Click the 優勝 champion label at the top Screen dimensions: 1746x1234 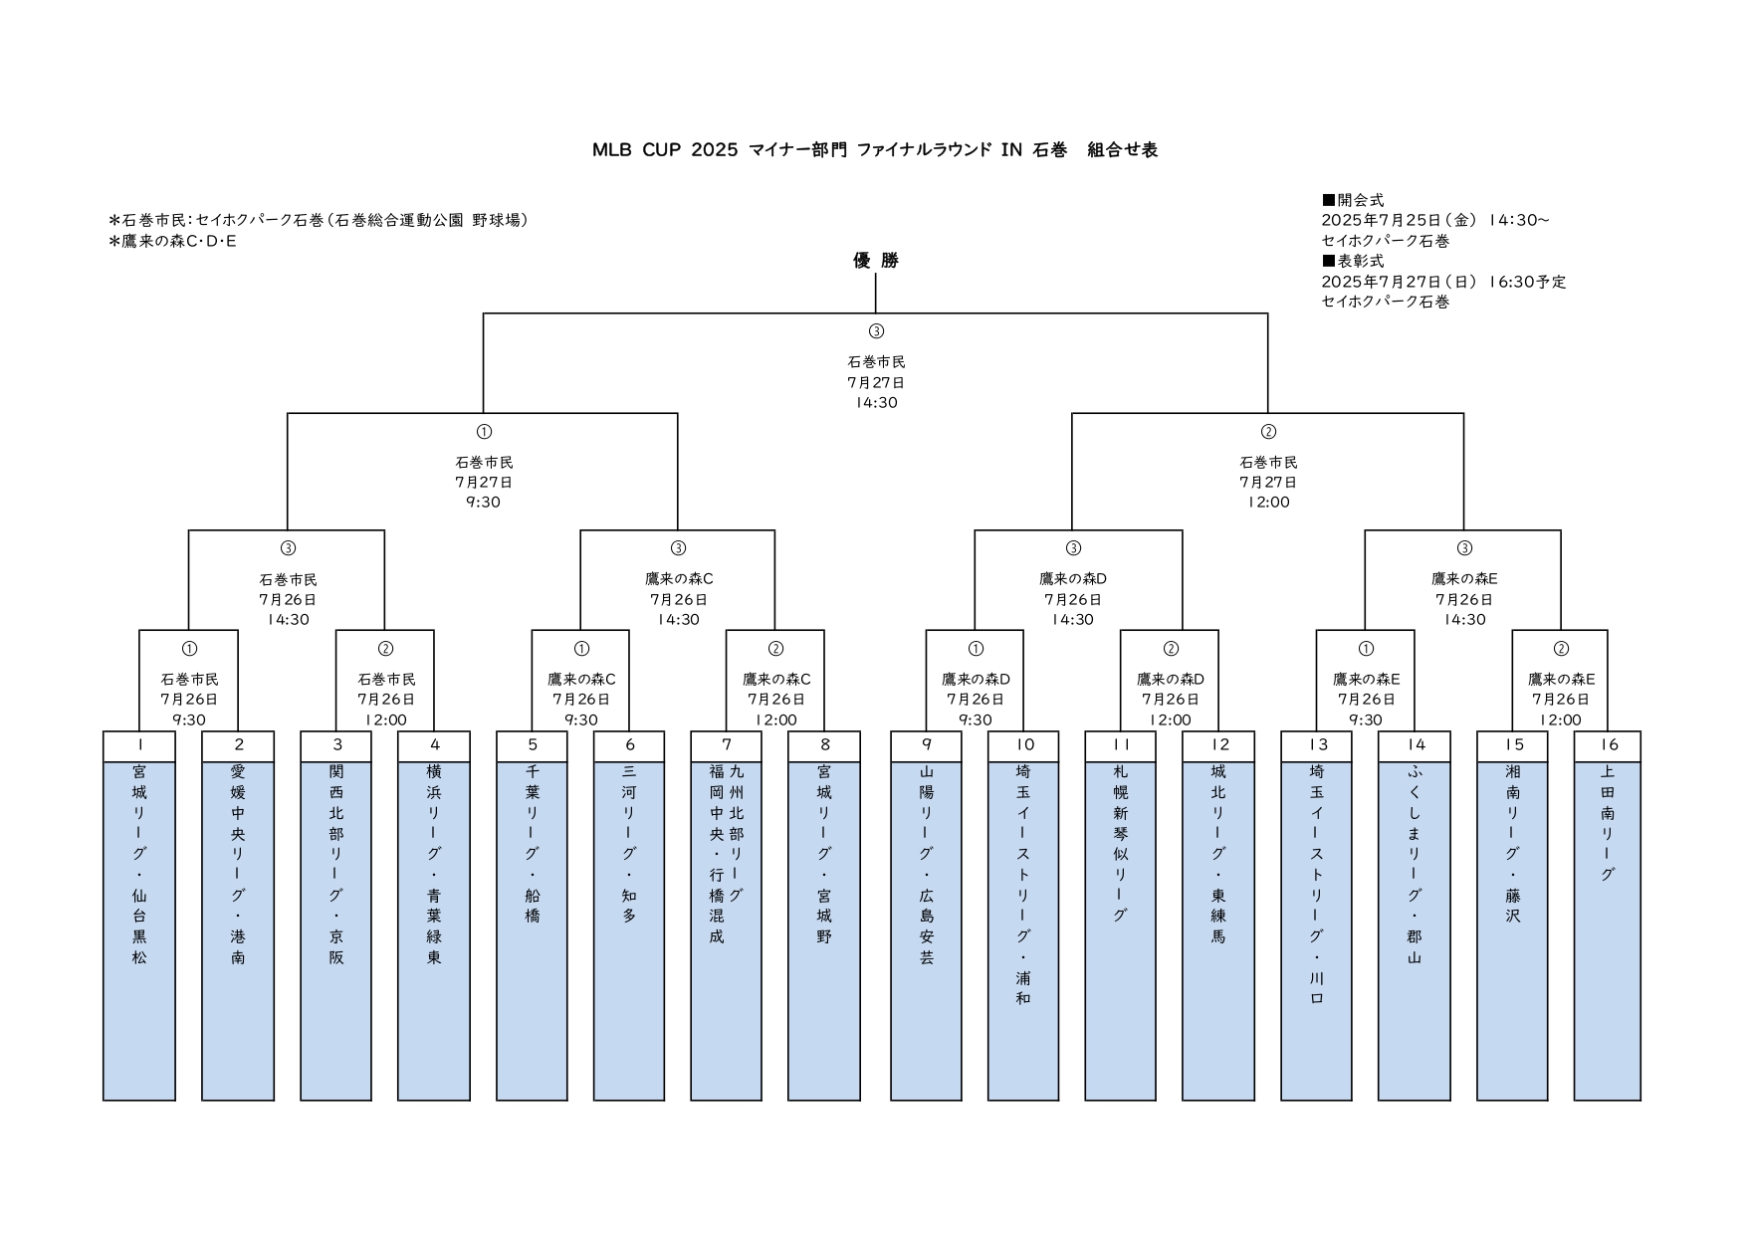[x=876, y=261]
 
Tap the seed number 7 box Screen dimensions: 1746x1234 [x=727, y=745]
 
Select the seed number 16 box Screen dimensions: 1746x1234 [x=1609, y=745]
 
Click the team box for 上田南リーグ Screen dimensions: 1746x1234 [x=1609, y=930]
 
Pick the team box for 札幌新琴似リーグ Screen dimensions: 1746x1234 [x=1121, y=930]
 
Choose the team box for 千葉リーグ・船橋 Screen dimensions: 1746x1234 [x=533, y=930]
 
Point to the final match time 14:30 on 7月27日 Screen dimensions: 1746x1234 [x=876, y=403]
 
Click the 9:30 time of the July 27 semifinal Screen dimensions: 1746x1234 [x=484, y=503]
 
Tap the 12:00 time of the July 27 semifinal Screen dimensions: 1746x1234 [x=1268, y=503]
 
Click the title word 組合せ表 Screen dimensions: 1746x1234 [x=1122, y=150]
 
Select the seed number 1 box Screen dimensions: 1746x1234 [x=139, y=745]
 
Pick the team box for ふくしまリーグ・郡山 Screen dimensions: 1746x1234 [x=1415, y=930]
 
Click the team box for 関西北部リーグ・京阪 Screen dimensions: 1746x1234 [x=336, y=930]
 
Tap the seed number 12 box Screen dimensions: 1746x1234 [x=1219, y=745]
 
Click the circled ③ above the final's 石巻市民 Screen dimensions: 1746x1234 [x=876, y=331]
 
